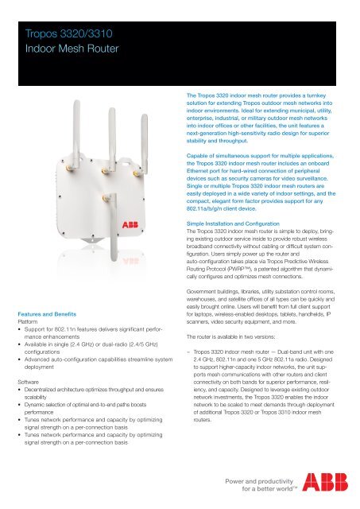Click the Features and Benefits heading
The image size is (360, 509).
[47, 317]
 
